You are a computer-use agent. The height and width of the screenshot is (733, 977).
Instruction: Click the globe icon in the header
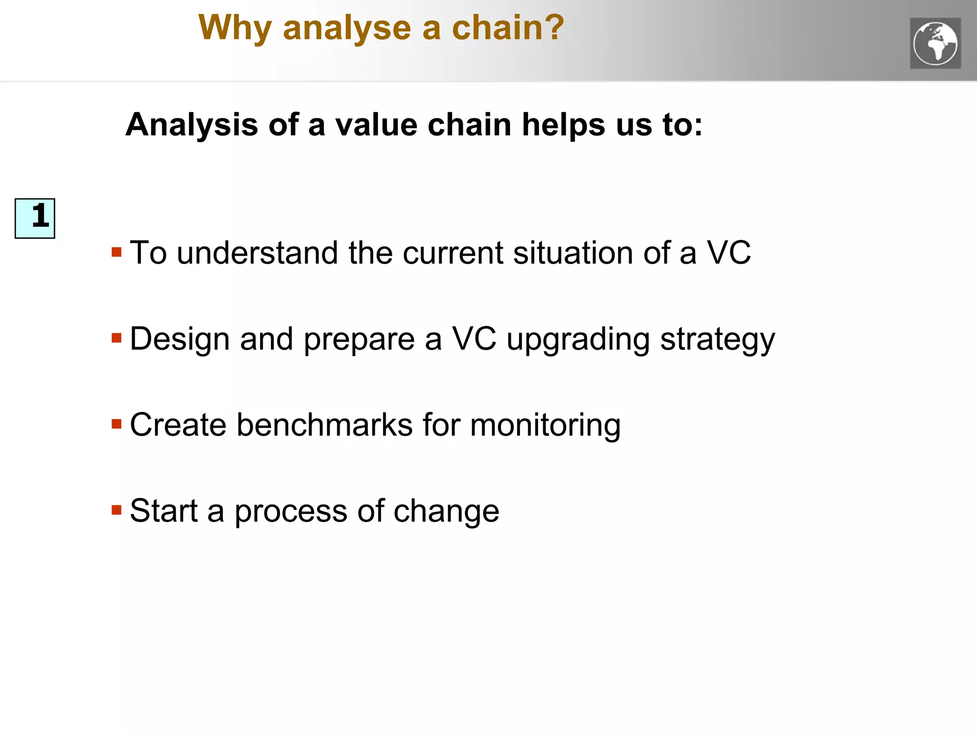pyautogui.click(x=935, y=43)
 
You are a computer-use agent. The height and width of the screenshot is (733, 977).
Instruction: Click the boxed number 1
pyautogui.click(x=35, y=218)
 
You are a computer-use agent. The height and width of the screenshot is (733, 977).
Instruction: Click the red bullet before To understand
pyautogui.click(x=116, y=252)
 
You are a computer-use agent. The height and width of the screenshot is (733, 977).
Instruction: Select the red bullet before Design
pyautogui.click(x=116, y=338)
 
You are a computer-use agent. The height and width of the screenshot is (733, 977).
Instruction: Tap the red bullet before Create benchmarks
pyautogui.click(x=116, y=424)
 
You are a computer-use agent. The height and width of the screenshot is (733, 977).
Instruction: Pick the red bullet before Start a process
pyautogui.click(x=116, y=510)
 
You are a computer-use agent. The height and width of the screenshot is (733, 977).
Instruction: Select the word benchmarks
pyautogui.click(x=324, y=425)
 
